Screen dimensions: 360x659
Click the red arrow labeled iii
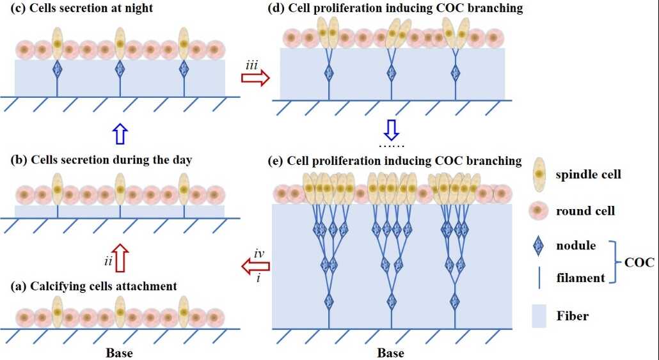[255, 77]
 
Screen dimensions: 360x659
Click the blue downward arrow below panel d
[391, 130]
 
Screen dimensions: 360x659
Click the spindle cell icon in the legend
[541, 174]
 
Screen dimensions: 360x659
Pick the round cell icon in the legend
[541, 210]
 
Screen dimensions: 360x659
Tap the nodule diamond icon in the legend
[541, 246]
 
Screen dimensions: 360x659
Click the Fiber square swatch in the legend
[541, 315]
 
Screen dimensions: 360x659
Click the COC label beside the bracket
[640, 262]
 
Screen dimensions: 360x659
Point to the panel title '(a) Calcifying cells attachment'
[94, 286]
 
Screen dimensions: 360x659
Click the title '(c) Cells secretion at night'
[81, 8]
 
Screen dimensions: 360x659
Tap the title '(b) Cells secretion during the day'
[97, 160]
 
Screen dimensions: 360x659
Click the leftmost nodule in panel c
[57, 68]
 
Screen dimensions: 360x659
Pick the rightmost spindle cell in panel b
[184, 189]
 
